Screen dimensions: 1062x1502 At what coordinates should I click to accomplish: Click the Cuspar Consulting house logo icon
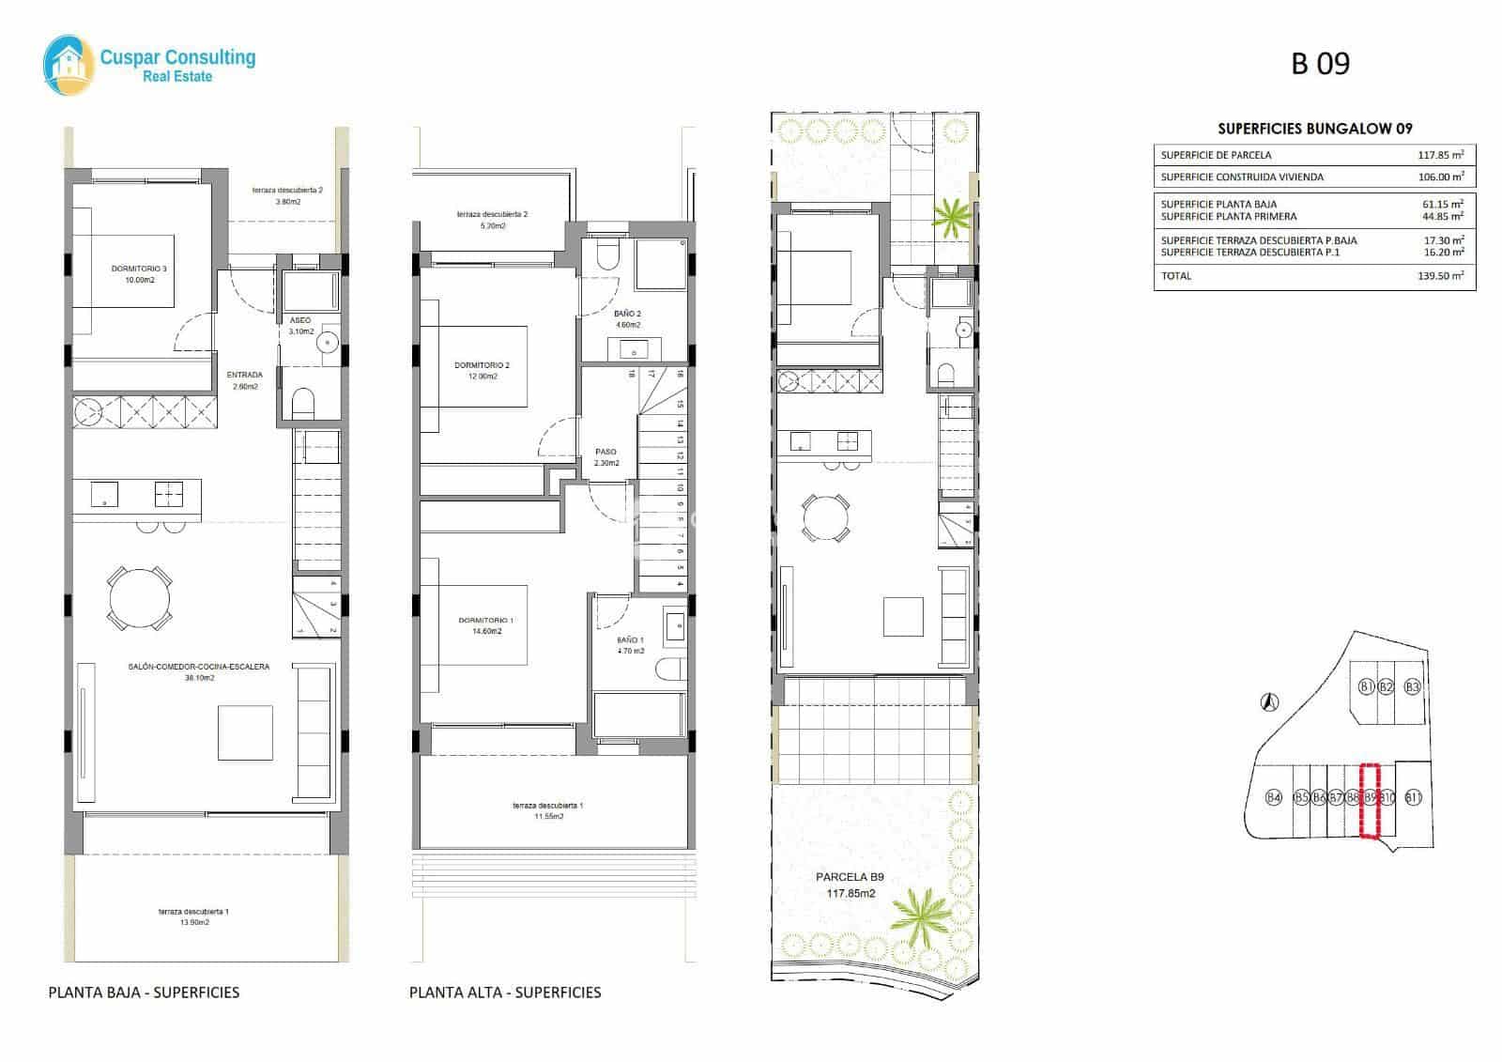68,65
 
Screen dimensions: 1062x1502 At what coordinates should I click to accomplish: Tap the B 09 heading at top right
1320,63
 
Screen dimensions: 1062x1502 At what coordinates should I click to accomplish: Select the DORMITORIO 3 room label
138,274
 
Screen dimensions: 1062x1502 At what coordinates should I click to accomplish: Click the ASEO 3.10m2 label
299,326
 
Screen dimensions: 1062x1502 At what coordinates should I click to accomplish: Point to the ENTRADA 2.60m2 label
244,380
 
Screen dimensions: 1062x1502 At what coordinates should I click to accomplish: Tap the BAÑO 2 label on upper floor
627,319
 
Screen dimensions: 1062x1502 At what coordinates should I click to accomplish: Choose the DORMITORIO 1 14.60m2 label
485,626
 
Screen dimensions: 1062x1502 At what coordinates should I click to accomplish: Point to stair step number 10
680,487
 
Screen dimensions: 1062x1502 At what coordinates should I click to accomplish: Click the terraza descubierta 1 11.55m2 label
548,811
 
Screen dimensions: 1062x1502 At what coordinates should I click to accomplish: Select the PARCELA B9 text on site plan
850,878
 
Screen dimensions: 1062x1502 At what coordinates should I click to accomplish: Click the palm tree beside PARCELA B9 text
917,908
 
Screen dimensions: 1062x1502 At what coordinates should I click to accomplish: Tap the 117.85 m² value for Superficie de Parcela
1440,155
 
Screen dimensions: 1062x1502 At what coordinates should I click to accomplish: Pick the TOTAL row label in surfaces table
1176,276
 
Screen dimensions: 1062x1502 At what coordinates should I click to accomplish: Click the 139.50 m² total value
1440,276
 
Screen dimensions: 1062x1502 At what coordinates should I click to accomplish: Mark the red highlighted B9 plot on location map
1371,799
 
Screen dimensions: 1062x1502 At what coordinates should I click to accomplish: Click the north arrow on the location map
1268,700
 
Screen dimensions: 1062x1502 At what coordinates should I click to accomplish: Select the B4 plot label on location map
1274,798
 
